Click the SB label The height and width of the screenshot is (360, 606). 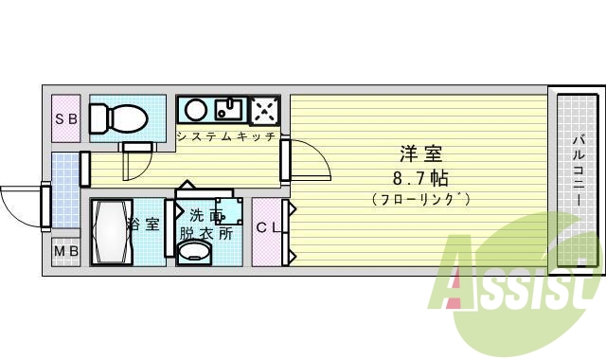tap(65, 119)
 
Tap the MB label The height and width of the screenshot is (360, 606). tap(65, 252)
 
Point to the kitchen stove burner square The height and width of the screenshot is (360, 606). tap(262, 111)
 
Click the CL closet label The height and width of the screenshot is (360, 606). tap(267, 226)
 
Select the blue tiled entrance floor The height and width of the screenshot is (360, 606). tap(64, 189)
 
